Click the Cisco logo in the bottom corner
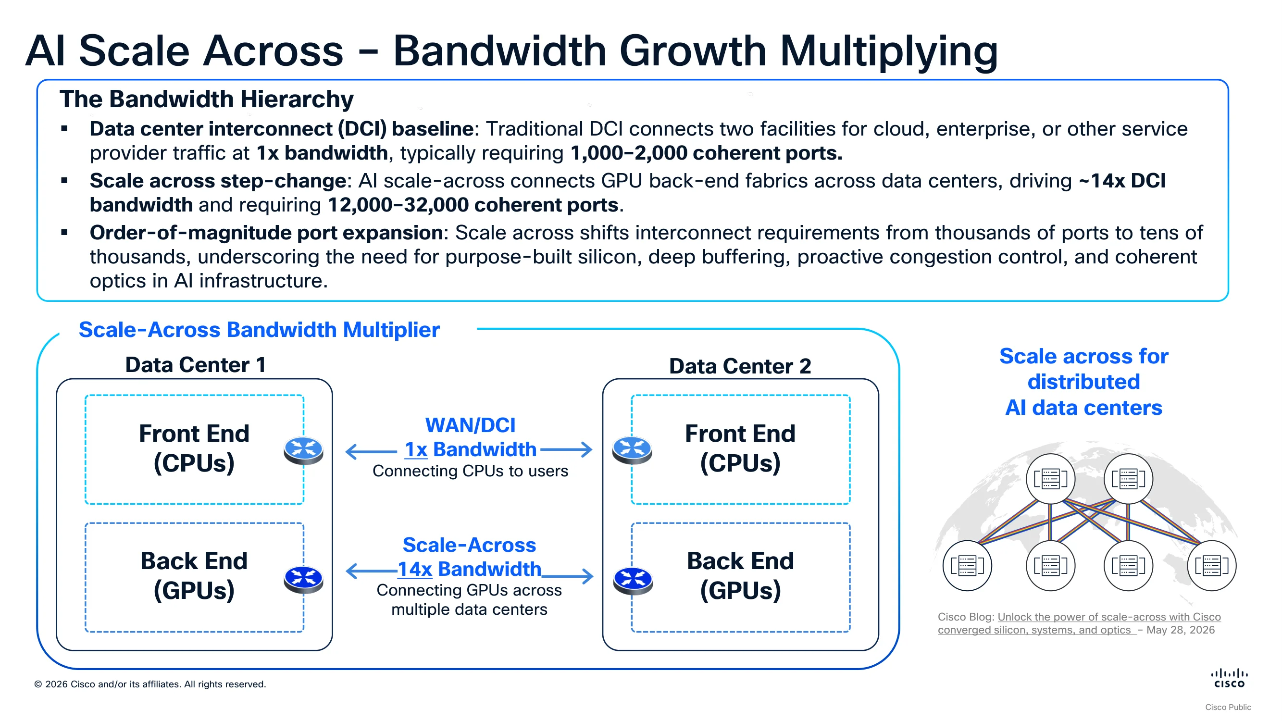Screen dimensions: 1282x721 tap(1229, 678)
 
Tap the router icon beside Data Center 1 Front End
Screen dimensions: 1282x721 tap(304, 450)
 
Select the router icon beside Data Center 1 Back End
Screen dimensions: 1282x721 tap(304, 580)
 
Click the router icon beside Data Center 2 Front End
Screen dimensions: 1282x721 tap(632, 450)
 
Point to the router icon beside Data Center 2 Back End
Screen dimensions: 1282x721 tap(633, 581)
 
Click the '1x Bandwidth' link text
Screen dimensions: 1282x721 tap(470, 449)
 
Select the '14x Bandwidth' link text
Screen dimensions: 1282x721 tap(469, 569)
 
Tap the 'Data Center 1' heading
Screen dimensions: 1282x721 tap(195, 365)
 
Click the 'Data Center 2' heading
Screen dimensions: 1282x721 tap(740, 366)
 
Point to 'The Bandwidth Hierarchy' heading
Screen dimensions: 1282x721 tap(207, 99)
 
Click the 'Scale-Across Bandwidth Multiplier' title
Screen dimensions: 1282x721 tap(259, 330)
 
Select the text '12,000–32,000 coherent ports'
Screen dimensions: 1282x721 tap(473, 205)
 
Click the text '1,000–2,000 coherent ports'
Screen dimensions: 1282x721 tap(705, 153)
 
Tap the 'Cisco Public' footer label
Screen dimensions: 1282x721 tap(1228, 707)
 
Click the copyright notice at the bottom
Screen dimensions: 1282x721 tap(150, 684)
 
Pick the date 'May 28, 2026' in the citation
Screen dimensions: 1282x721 tap(1181, 630)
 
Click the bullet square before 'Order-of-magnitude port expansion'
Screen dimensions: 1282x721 tap(64, 232)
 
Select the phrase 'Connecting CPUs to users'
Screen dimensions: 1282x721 tap(470, 471)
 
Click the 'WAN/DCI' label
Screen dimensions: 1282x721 tap(470, 425)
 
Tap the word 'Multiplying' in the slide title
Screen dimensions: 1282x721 tap(889, 52)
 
